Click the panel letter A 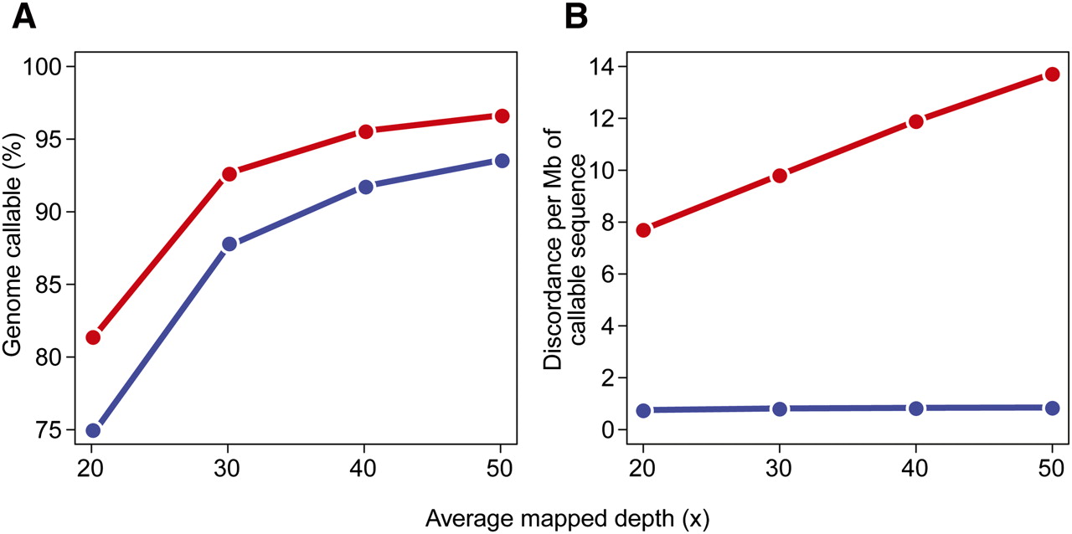[x=24, y=17]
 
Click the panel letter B [x=575, y=17]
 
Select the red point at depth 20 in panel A [x=93, y=337]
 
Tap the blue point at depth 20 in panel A [x=93, y=430]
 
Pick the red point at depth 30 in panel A [x=229, y=174]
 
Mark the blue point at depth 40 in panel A [x=365, y=187]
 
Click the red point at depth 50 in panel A [x=502, y=116]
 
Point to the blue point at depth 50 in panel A [x=502, y=161]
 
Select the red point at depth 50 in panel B [x=1052, y=74]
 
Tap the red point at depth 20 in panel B [x=643, y=230]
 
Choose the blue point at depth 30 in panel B [x=780, y=408]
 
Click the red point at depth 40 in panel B [x=915, y=121]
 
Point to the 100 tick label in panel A [x=51, y=66]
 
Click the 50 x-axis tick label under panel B [x=1052, y=466]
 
